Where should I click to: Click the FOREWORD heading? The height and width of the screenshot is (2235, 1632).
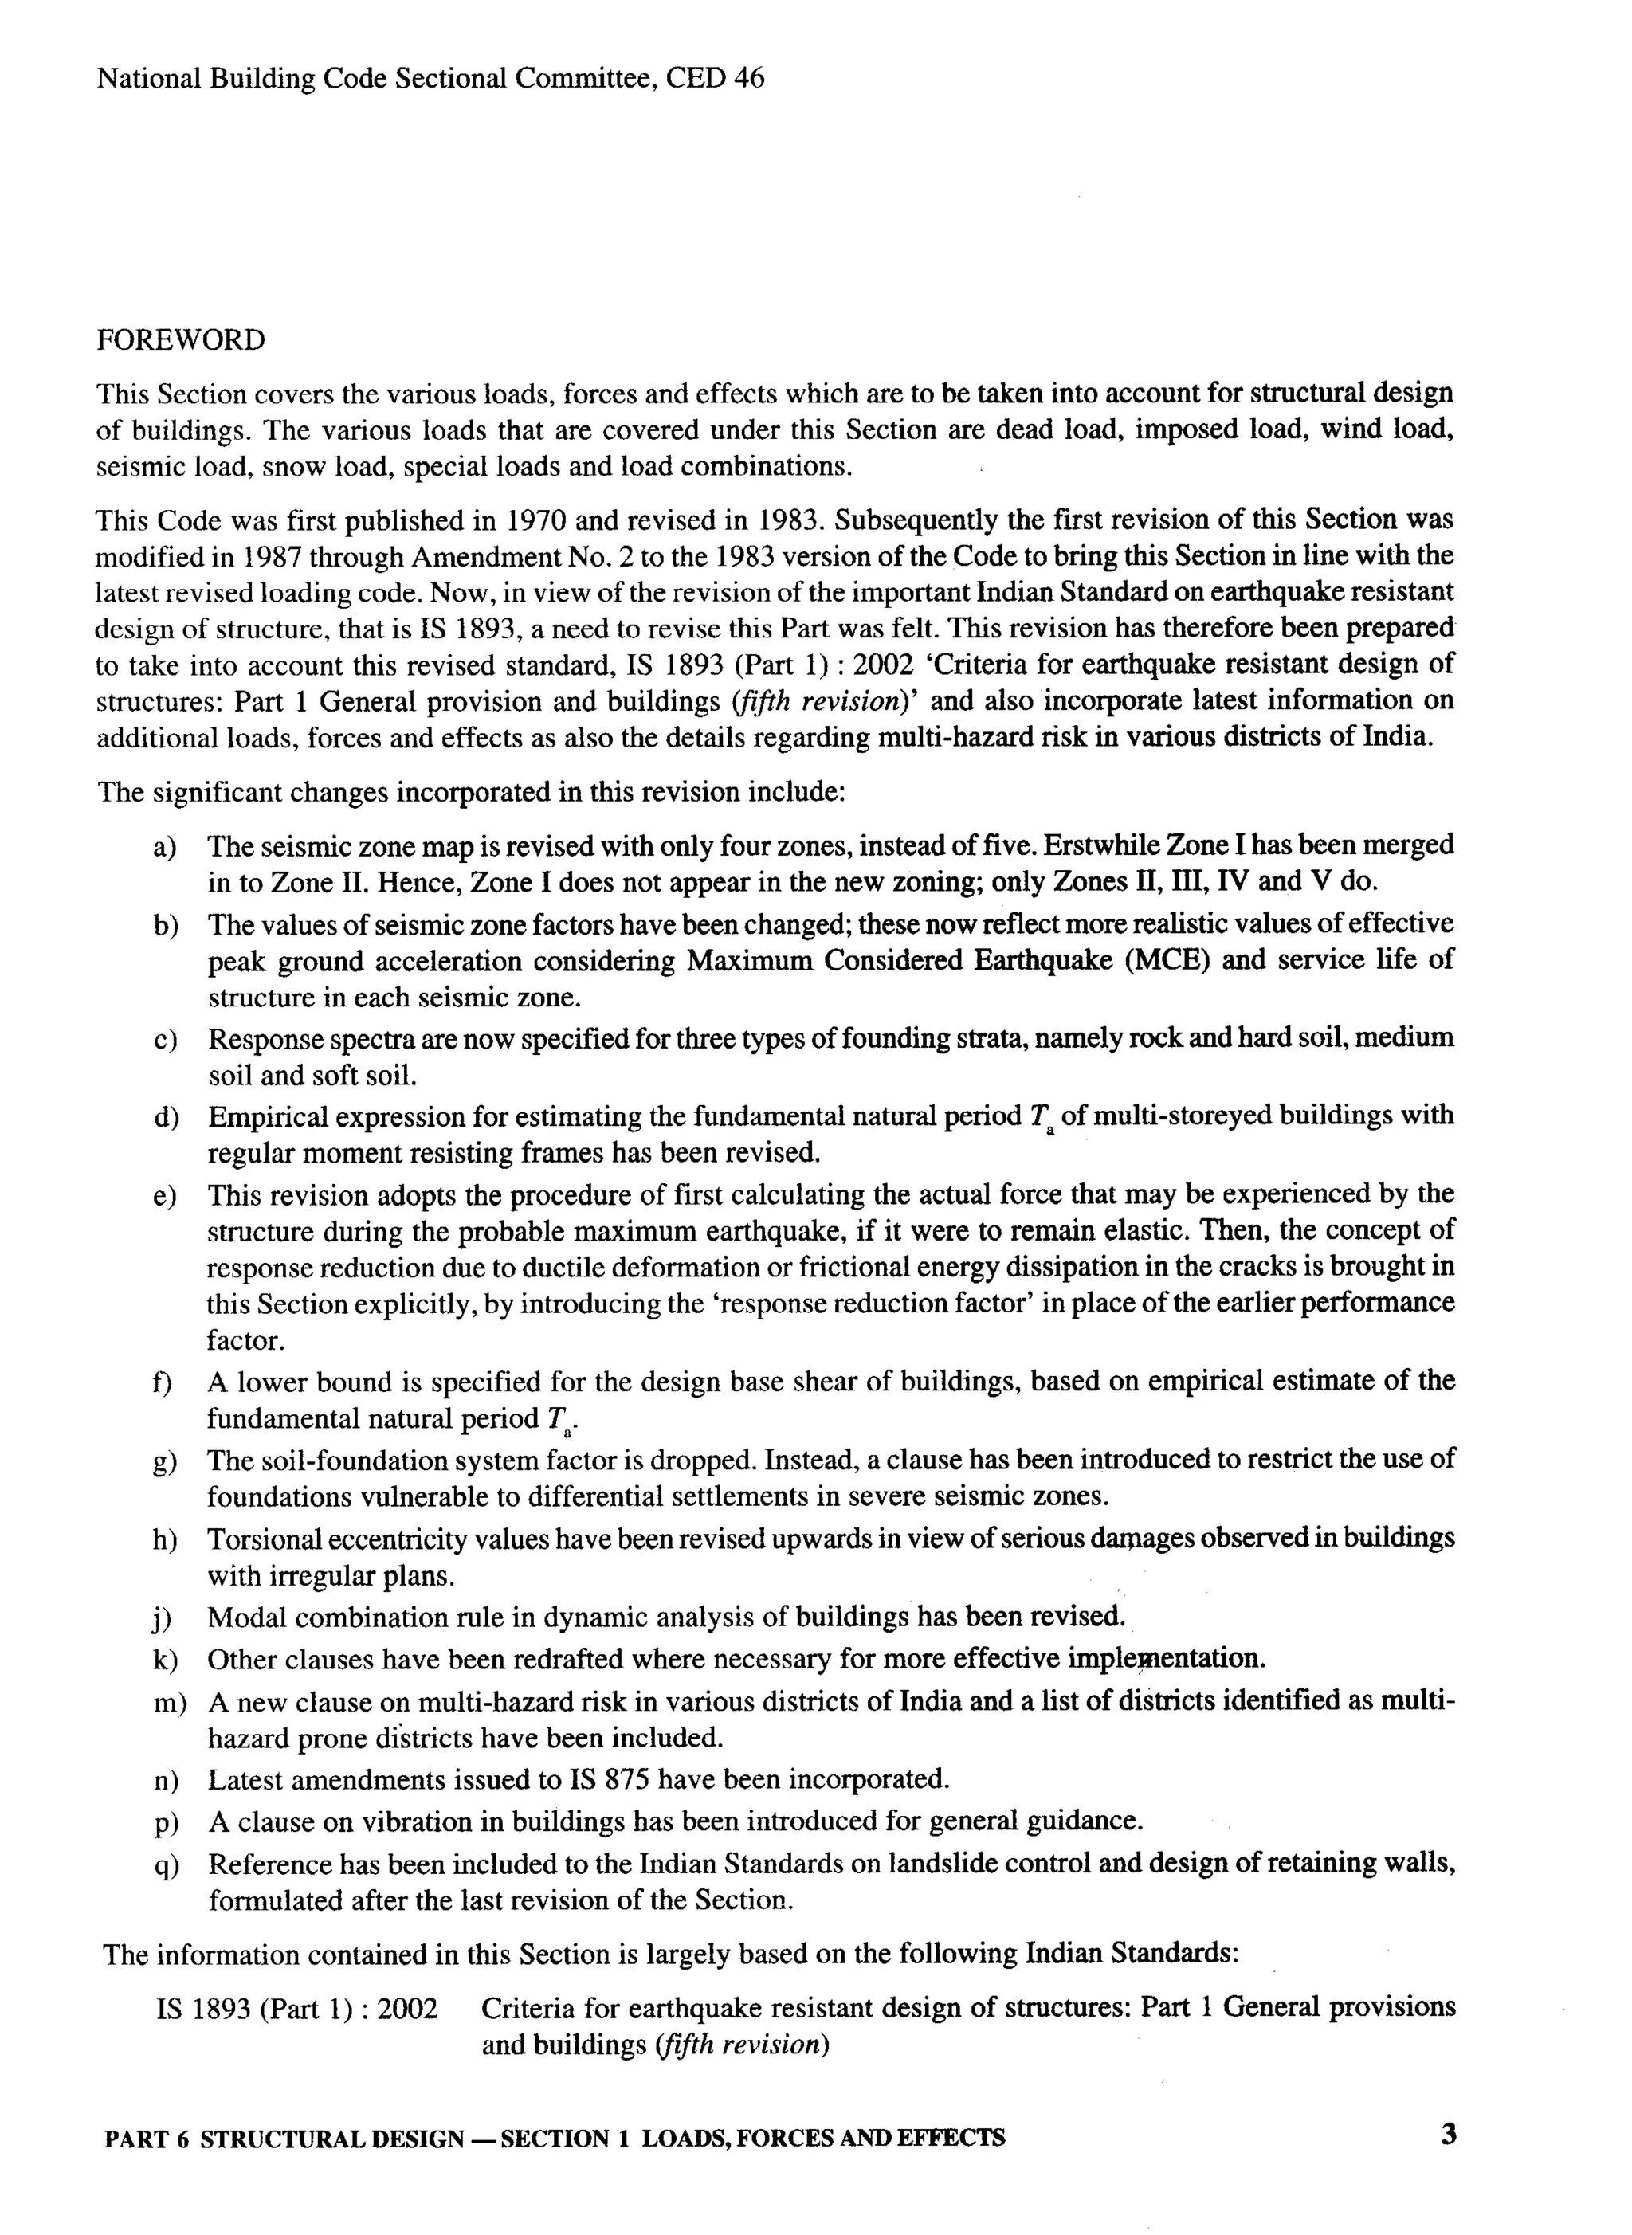pyautogui.click(x=181, y=341)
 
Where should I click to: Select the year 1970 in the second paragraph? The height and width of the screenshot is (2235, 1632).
pyautogui.click(x=535, y=520)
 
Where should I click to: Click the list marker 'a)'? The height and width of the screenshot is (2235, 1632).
pyautogui.click(x=165, y=847)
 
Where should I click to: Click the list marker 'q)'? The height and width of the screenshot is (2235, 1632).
pyautogui.click(x=166, y=1865)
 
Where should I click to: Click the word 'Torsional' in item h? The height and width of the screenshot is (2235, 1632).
pyautogui.click(x=264, y=1539)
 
